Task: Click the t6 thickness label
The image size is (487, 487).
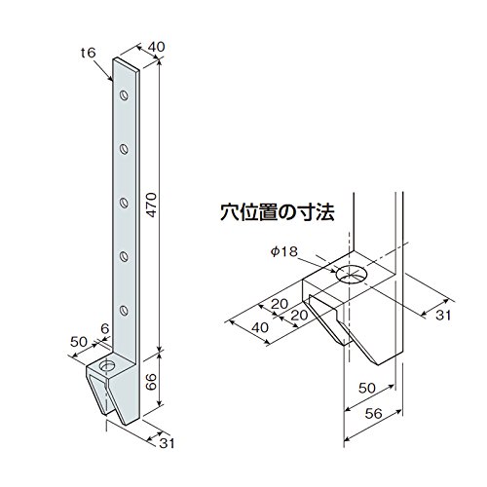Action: (89, 53)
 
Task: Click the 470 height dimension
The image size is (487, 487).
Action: (151, 205)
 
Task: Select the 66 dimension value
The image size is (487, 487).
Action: (151, 382)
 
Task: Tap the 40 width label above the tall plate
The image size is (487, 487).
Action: (156, 47)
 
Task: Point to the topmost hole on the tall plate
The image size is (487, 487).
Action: (124, 95)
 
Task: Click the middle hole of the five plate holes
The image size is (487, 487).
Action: (124, 203)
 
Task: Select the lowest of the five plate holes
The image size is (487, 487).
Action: (124, 311)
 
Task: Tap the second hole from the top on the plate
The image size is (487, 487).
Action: (124, 149)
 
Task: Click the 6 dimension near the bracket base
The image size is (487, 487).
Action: (104, 329)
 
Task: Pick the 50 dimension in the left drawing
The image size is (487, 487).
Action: (79, 342)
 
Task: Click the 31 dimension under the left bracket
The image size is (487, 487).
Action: (167, 443)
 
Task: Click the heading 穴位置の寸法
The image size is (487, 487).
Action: (278, 212)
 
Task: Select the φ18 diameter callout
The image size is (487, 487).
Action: (284, 251)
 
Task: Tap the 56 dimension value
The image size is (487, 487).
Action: (374, 414)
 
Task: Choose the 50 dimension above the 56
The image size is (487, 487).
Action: (367, 388)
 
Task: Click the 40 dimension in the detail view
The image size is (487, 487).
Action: (260, 327)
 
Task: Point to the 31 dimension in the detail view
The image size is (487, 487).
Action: (443, 315)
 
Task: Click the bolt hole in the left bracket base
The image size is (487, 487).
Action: (107, 366)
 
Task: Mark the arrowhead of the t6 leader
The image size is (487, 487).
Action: (111, 79)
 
